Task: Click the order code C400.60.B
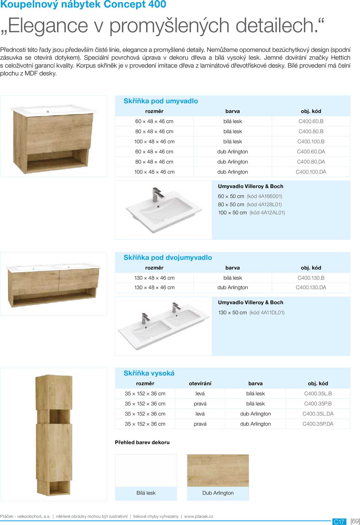[x=311, y=121]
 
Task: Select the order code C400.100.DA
[x=311, y=172]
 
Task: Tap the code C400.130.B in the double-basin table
[x=311, y=278]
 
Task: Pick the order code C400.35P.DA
[x=318, y=424]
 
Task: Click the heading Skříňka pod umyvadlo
[x=160, y=101]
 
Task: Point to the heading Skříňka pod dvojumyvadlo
[x=168, y=258]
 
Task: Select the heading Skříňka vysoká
[x=149, y=373]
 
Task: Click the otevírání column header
[x=200, y=383]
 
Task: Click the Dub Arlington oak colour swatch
[x=218, y=470]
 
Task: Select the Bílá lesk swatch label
[x=146, y=493]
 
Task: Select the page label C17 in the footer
[x=339, y=522]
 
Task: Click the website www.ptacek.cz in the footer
[x=199, y=516]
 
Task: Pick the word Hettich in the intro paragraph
[x=340, y=58]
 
